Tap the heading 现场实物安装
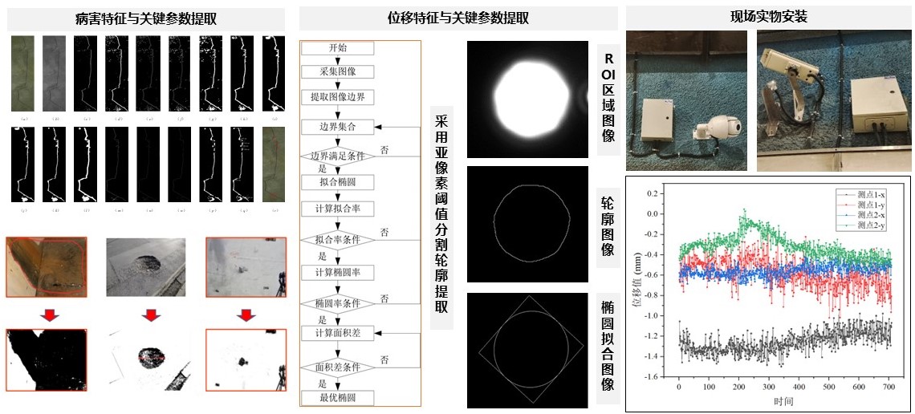coord(768,17)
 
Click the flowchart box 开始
coord(338,48)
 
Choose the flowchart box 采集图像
coord(338,71)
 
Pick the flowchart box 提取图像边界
coord(338,96)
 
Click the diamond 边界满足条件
coord(338,155)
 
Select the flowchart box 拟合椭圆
coord(338,182)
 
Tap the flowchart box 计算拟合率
coord(338,209)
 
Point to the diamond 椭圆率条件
coord(338,304)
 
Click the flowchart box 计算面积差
coord(338,332)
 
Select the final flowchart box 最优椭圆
coord(338,397)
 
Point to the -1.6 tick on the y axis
coord(659,376)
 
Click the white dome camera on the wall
coord(716,128)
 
